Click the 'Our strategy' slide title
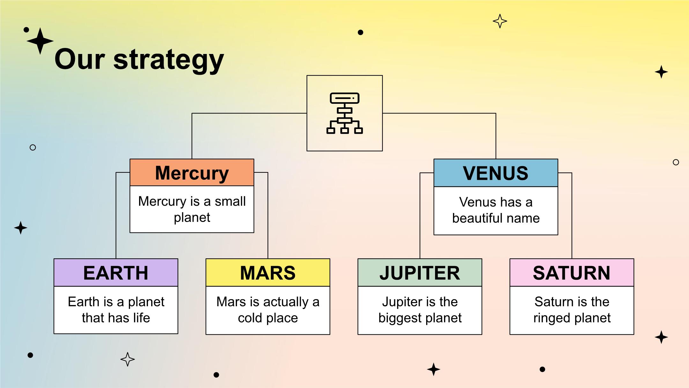coord(139,60)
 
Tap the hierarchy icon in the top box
coord(344,113)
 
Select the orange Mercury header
coord(192,172)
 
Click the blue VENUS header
coord(496,173)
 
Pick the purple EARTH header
coord(116,272)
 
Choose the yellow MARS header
coord(268,272)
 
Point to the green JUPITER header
coord(420,272)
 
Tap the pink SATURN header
coord(572,272)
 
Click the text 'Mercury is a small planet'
coord(192,209)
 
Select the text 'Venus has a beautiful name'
coord(496,210)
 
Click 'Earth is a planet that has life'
coord(116,310)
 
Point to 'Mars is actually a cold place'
coord(268,310)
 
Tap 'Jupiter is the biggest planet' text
coord(420,310)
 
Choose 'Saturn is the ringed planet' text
coord(572,310)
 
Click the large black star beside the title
coord(40,41)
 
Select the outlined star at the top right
coord(500,21)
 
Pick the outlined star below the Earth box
coord(128,359)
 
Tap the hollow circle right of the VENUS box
coord(676,162)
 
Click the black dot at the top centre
coord(360,32)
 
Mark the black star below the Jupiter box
coord(433,369)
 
